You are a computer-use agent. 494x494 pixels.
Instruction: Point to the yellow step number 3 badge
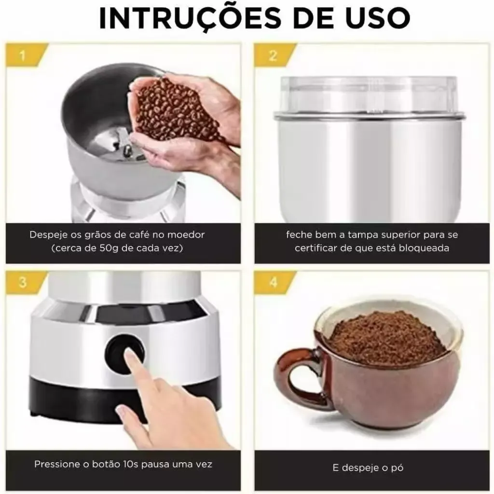point(26,281)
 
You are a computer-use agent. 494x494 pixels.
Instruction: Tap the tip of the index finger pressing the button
point(128,355)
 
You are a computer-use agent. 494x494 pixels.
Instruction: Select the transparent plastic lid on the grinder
point(369,95)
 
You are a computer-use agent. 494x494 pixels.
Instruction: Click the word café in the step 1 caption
point(139,235)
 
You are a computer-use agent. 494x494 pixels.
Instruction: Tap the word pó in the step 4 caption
point(398,468)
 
